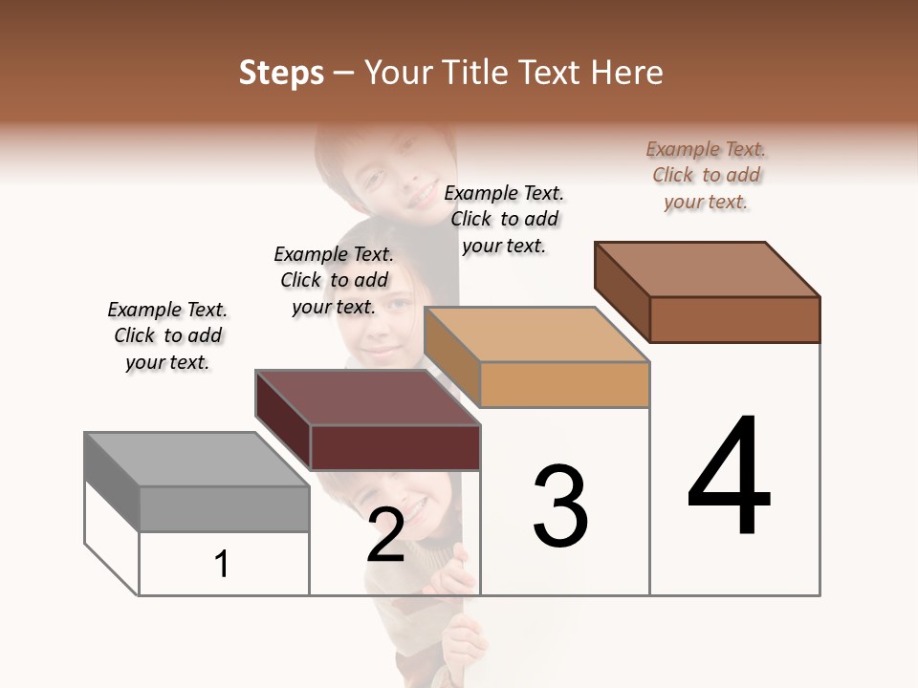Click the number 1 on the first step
(222, 565)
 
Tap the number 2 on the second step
(385, 535)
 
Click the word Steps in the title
(281, 73)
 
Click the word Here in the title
(628, 73)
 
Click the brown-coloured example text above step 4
(706, 175)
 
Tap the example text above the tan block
(504, 219)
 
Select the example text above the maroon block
(334, 280)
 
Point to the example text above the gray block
(167, 335)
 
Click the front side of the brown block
(734, 319)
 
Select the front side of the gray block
(224, 508)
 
